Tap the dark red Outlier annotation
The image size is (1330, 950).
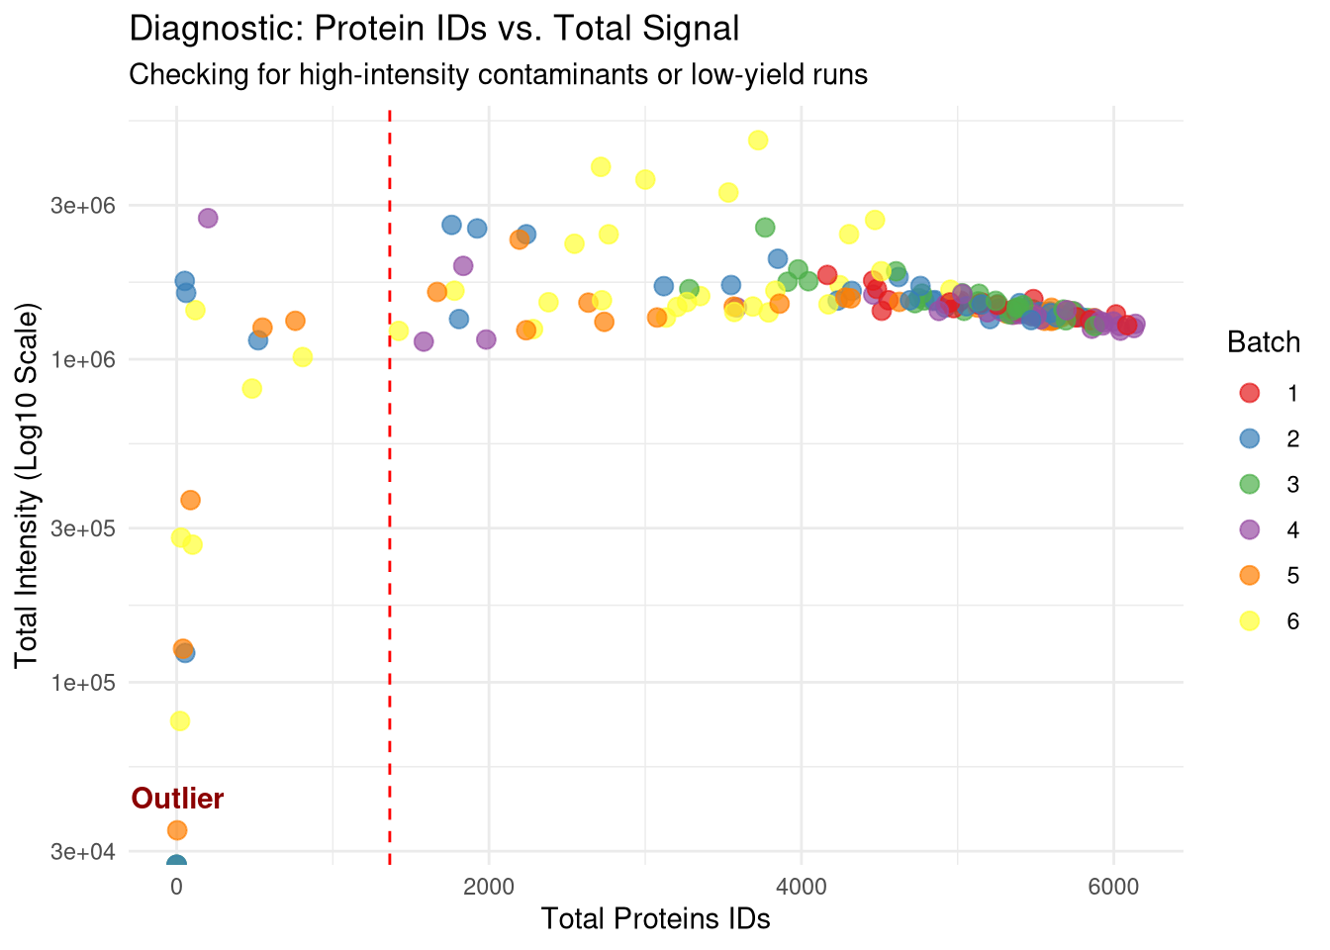[x=178, y=799]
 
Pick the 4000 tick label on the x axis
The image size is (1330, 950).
[x=801, y=885]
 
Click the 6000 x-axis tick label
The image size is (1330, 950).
[x=1113, y=885]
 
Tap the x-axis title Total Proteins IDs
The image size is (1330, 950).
[x=655, y=919]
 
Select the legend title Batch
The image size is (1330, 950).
[x=1263, y=342]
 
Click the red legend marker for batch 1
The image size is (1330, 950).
[x=1249, y=393]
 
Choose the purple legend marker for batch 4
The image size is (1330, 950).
[x=1249, y=529]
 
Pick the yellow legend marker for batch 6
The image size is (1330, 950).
[x=1249, y=620]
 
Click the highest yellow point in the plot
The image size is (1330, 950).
[x=758, y=140]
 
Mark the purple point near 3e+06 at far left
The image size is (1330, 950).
[x=208, y=218]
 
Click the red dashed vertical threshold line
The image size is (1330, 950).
[x=390, y=495]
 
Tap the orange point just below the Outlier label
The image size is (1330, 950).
[x=177, y=829]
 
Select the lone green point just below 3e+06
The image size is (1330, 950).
[x=765, y=228]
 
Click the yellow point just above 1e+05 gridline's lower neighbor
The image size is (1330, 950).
[x=179, y=720]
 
